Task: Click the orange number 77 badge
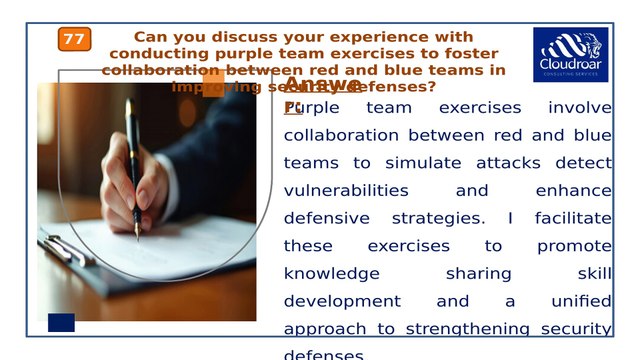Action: coord(74,39)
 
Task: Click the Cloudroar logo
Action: coord(570,54)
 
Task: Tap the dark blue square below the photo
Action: coord(61,322)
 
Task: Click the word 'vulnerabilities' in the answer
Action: coord(346,190)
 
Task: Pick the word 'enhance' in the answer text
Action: coord(573,190)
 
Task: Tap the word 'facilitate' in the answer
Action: coord(573,218)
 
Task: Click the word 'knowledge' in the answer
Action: coord(332,273)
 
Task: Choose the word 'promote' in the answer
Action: coord(574,246)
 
